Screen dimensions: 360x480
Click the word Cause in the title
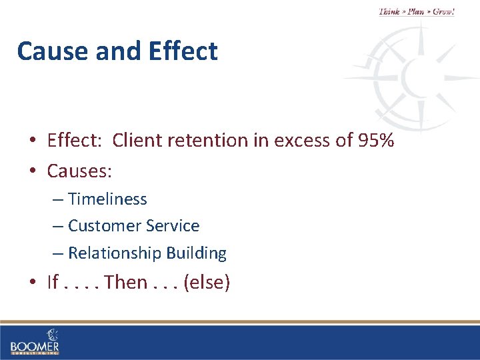coord(51,51)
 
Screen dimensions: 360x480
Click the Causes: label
coord(79,171)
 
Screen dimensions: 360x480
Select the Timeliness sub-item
coord(107,199)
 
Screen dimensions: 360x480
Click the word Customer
coord(99,226)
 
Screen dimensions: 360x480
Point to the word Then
coord(125,283)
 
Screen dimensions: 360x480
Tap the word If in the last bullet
coord(53,283)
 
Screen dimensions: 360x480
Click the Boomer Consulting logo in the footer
coord(35,341)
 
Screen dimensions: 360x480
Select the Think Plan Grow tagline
coord(416,11)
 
